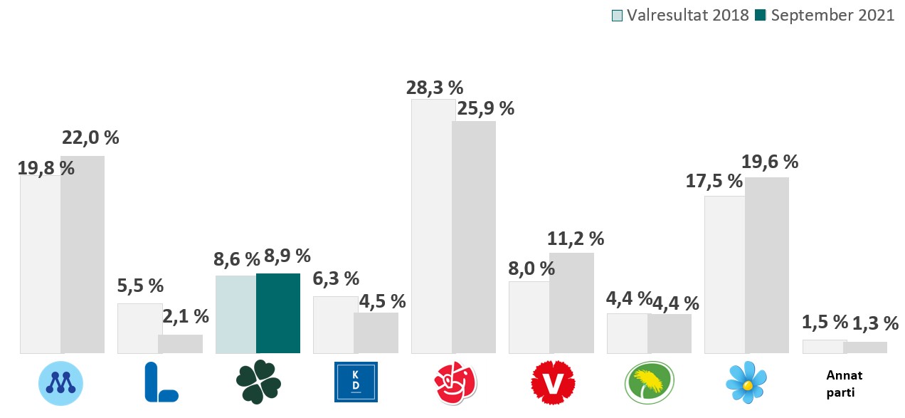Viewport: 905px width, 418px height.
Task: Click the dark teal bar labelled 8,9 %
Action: tap(278, 313)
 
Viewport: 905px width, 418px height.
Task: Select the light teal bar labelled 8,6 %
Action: tap(235, 314)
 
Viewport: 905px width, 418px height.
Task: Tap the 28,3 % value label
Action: tap(434, 88)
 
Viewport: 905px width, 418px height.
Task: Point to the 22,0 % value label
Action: tap(90, 137)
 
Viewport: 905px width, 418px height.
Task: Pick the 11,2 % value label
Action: tap(576, 239)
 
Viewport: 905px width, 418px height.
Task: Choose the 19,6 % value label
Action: tap(770, 162)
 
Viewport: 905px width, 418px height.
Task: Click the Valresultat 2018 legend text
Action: tap(688, 16)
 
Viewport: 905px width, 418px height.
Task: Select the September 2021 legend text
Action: tap(832, 16)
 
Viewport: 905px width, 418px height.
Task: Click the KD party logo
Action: tap(356, 382)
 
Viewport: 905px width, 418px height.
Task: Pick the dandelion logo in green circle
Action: tap(649, 382)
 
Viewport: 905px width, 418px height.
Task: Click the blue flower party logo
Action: tap(747, 382)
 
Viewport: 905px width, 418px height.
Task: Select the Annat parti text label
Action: tap(843, 383)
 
